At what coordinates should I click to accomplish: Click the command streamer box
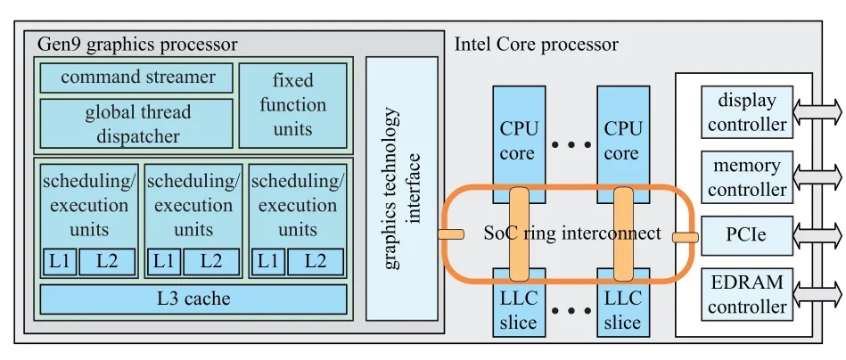pos(137,78)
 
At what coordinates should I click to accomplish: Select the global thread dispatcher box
pos(136,124)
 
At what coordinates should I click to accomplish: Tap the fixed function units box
pos(292,105)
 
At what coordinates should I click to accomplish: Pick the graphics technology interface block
pos(401,188)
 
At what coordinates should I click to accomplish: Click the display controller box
pos(746,112)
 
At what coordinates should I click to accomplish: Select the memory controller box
pos(746,177)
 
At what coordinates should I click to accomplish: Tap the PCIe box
pos(746,235)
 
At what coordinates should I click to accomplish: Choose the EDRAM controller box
pos(746,295)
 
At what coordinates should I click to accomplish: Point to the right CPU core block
pos(622,134)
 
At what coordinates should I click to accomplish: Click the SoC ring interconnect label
pos(571,233)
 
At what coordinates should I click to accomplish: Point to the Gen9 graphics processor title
pos(137,44)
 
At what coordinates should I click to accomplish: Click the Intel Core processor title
pos(536,44)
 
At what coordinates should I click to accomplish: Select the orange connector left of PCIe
pos(685,236)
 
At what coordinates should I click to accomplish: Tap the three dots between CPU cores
pos(571,143)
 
